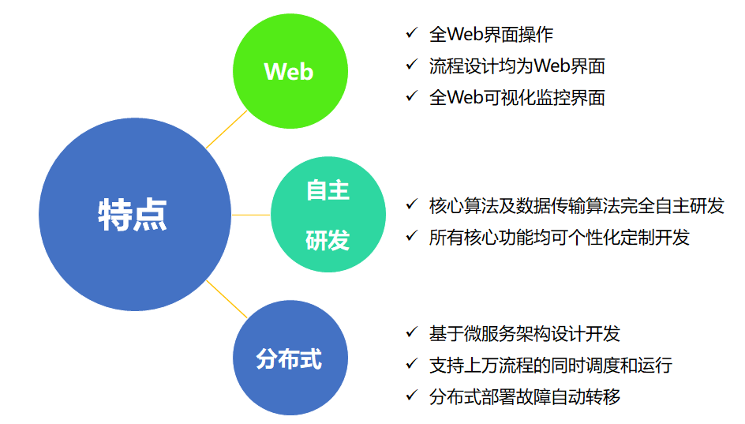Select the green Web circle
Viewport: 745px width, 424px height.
pyautogui.click(x=290, y=71)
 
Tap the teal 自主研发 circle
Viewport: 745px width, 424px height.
pyautogui.click(x=328, y=214)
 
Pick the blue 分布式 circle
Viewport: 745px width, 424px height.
pyautogui.click(x=290, y=358)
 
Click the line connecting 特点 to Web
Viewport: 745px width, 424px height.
pyautogui.click(x=226, y=128)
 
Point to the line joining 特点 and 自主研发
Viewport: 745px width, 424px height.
pyautogui.click(x=253, y=214)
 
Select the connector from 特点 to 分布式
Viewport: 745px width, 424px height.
pyautogui.click(x=226, y=299)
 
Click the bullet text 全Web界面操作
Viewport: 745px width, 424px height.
pyautogui.click(x=491, y=35)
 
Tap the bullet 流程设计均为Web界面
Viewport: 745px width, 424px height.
pyautogui.click(x=517, y=66)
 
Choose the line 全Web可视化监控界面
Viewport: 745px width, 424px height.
pyautogui.click(x=517, y=97)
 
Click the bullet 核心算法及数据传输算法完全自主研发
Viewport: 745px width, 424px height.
pyautogui.click(x=576, y=206)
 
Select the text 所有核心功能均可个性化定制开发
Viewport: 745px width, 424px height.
pyautogui.click(x=559, y=237)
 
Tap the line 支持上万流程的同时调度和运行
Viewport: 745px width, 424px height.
pyautogui.click(x=550, y=365)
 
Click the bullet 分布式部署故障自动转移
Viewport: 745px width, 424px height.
pyautogui.click(x=524, y=396)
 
